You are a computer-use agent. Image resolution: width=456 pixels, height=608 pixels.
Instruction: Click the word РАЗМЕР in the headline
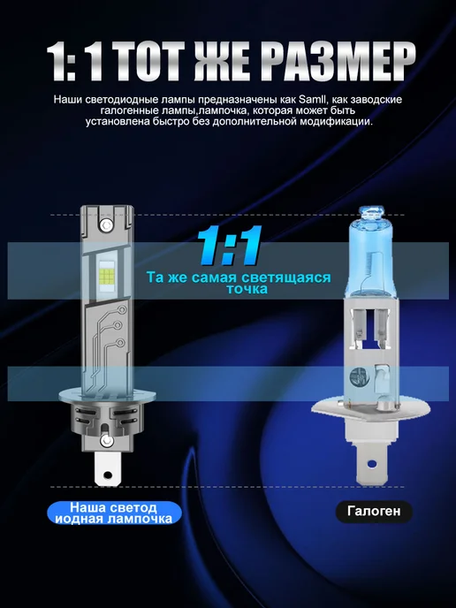pos(338,62)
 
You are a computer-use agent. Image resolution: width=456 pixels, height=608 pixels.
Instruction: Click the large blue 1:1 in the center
pos(229,246)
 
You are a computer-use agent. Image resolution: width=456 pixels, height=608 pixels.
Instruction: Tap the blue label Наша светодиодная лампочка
pos(114,513)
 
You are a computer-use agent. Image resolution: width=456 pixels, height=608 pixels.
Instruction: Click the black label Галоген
pos(374,511)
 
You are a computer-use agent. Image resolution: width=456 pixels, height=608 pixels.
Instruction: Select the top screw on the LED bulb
pos(105,224)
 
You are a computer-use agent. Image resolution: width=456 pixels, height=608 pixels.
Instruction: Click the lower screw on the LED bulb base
pos(106,440)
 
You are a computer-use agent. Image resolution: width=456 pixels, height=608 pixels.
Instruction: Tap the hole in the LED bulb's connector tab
pos(108,475)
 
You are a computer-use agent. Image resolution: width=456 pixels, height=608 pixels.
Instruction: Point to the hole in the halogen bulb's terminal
pos(372,463)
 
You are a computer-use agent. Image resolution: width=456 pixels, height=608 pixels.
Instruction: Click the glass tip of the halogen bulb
pos(371,211)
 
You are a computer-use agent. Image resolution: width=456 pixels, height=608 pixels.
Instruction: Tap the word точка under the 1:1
pos(247,289)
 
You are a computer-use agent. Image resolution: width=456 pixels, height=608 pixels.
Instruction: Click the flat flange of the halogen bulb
pos(370,409)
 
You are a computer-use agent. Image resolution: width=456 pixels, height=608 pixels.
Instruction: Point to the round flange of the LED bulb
pos(107,396)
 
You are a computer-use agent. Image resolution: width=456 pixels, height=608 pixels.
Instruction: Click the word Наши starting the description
pos(68,99)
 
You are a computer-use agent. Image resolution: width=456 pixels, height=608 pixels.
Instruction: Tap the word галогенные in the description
pos(126,110)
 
